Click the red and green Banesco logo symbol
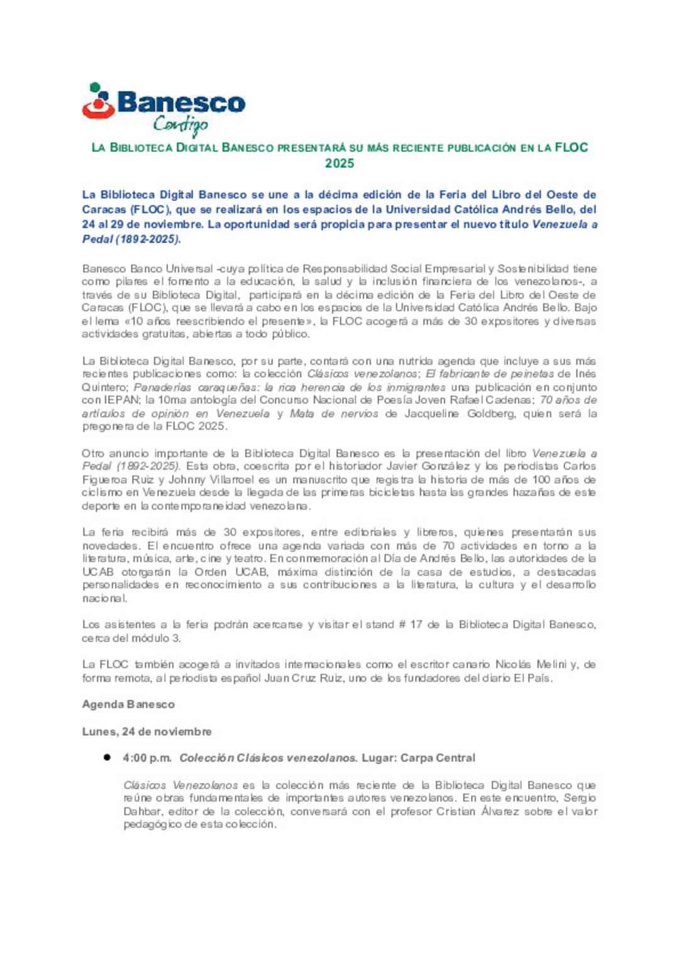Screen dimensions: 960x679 (x=98, y=101)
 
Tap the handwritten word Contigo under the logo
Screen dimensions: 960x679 (x=180, y=125)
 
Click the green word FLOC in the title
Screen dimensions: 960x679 (x=571, y=148)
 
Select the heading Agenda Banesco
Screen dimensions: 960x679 (x=128, y=704)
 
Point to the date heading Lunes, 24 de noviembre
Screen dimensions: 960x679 (x=146, y=731)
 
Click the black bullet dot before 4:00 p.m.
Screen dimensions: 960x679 (x=108, y=758)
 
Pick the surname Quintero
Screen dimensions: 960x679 (x=104, y=387)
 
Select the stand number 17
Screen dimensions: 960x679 (x=416, y=625)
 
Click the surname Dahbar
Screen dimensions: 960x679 (x=142, y=811)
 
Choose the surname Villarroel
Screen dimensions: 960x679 (x=226, y=479)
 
